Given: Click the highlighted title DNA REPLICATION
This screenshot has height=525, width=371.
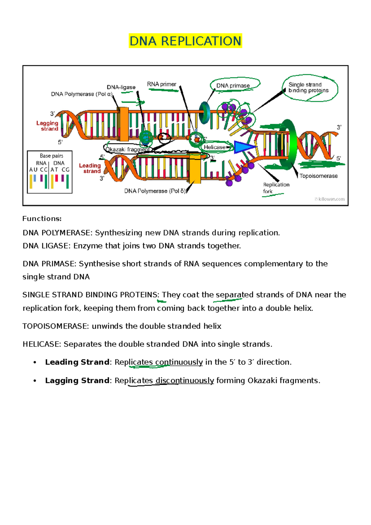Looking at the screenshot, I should pos(185,41).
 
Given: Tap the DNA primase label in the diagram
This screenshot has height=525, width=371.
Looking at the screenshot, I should pos(233,86).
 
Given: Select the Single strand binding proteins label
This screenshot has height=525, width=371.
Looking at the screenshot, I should pos(308,88).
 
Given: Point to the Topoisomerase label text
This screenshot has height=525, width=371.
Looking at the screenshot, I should pos(318,176).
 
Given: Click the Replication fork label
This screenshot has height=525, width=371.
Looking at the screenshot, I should pos(276,188).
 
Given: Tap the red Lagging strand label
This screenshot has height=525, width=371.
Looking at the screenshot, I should pos(48,126).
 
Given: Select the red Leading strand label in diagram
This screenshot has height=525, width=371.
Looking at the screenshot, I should pos(90,168).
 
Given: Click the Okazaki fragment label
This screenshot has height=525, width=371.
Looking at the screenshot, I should pos(128,150).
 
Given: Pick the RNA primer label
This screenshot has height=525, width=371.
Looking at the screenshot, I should pos(161,84).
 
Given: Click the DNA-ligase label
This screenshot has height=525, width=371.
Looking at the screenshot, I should pos(121,87).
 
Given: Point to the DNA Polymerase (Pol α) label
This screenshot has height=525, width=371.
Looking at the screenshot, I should pos(82,94).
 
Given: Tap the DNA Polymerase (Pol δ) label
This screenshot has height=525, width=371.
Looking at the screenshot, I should pos(155,191).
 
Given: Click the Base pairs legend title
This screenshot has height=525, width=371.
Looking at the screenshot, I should pos(51,156).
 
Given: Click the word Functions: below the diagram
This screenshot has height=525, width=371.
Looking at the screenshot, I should pos(42,219).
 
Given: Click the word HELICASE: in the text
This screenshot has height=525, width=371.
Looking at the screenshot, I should pos(42,344).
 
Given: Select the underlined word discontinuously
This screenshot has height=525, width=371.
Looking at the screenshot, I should pos(185,380).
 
